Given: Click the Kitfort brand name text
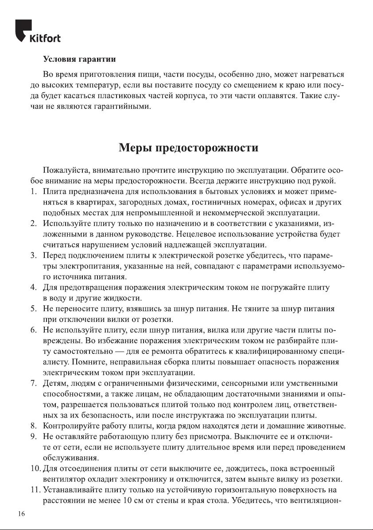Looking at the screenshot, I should coord(44,38).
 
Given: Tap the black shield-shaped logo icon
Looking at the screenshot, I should coord(23,30).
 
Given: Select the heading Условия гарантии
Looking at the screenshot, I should coord(79,59).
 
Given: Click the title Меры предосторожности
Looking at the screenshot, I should coord(189,147).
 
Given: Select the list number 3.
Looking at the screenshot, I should coord(33,255).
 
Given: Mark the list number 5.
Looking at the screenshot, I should coord(33,308).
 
